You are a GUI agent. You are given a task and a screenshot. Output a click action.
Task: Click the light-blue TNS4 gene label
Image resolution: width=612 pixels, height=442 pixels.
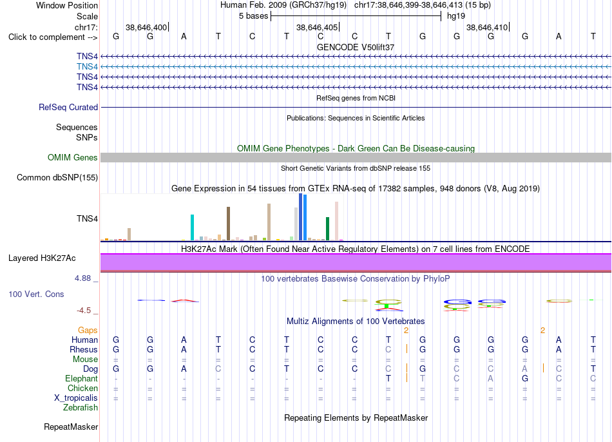[x=87, y=67]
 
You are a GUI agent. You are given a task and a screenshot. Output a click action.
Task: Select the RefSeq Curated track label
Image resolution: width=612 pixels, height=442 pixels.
[x=68, y=108]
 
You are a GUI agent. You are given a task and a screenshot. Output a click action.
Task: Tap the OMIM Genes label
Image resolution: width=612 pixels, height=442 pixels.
[x=73, y=157]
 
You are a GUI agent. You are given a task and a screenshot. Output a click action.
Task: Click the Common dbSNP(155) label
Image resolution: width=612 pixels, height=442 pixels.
[x=57, y=178]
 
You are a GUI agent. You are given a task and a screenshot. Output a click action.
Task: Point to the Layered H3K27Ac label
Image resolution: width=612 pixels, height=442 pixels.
[x=42, y=258]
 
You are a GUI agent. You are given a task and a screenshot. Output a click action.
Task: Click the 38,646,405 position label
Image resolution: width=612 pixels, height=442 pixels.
[x=317, y=27]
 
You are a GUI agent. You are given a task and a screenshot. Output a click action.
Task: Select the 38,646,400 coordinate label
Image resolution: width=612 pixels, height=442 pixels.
[x=146, y=27]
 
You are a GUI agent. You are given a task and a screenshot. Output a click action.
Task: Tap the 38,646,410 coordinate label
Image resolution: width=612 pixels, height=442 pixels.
[x=487, y=27]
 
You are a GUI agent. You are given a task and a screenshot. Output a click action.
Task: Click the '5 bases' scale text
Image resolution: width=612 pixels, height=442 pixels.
[x=254, y=16]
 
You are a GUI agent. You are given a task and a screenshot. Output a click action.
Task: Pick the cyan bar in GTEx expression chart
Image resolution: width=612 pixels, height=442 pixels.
[x=192, y=227]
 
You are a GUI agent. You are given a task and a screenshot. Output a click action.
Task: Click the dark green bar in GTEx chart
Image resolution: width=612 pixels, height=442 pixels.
[x=327, y=229]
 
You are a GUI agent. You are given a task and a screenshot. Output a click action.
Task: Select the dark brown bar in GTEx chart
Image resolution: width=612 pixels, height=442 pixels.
[x=228, y=224]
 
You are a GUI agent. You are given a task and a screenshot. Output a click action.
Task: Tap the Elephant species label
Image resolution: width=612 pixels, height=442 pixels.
[x=82, y=379]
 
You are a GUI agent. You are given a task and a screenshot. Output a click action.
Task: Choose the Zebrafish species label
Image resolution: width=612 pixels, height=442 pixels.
[x=81, y=408]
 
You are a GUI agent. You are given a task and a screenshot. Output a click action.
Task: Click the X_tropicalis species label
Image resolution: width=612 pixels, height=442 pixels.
[x=76, y=398]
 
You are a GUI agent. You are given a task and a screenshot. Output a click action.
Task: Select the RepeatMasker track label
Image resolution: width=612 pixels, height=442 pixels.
[x=71, y=427]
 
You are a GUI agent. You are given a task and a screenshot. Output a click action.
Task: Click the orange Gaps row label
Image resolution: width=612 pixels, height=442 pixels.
[x=88, y=331]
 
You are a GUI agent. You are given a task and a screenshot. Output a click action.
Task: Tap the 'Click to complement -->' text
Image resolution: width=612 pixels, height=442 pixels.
[x=53, y=37]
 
